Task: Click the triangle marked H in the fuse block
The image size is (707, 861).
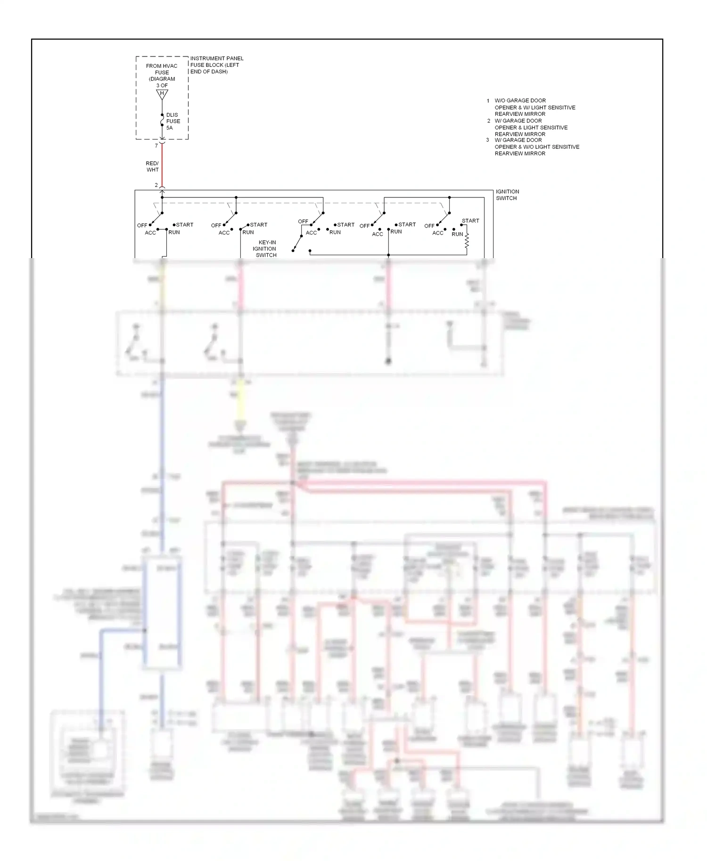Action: click(162, 94)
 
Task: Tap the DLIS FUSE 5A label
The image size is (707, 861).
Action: click(173, 121)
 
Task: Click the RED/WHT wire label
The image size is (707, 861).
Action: click(152, 167)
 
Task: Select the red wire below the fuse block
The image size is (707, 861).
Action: click(162, 165)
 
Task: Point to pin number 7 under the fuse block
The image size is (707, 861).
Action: click(156, 146)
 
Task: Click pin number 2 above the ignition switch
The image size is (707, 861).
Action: click(156, 185)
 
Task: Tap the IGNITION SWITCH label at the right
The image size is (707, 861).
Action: click(507, 195)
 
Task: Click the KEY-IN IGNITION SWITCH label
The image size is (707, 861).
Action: click(265, 249)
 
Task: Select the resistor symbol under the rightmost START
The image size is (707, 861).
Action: click(467, 241)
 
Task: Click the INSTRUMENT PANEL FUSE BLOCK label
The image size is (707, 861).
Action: click(216, 65)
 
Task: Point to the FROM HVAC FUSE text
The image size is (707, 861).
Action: click(162, 69)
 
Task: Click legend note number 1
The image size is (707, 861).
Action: click(488, 101)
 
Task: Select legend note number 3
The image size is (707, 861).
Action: click(488, 140)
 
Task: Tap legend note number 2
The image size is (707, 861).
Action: click(488, 121)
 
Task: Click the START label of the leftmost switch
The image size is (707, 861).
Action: click(185, 225)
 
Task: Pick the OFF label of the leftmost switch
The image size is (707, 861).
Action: click(142, 226)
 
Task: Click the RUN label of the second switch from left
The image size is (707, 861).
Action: click(248, 232)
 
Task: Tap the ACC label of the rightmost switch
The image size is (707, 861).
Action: click(438, 233)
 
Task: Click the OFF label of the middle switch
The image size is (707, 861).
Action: click(303, 221)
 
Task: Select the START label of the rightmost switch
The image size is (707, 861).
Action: click(470, 220)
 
